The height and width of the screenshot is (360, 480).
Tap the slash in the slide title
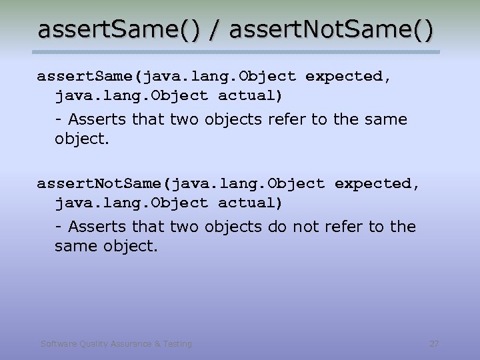pos(215,30)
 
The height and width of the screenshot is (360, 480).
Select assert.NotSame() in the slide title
pos(331,30)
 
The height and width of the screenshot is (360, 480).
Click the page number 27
pos(434,344)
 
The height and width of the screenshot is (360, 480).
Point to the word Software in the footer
pos(58,344)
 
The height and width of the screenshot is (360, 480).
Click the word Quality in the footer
pos(92,344)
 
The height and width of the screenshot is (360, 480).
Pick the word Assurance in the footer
pos(130,344)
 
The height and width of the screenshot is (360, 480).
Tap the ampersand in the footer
pos(157,344)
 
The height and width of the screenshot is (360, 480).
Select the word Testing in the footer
pos(177,344)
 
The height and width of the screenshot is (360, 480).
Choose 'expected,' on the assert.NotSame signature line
pos(377,183)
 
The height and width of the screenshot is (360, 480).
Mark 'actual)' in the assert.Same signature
pos(251,96)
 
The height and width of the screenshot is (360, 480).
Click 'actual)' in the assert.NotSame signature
pos(251,203)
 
